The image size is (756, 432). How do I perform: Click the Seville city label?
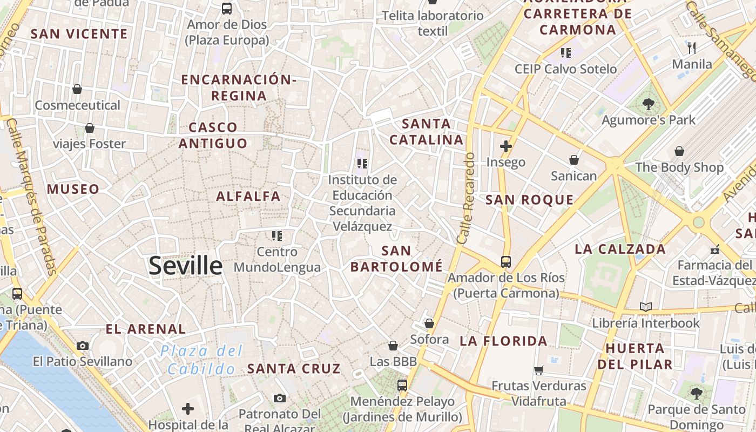(185, 266)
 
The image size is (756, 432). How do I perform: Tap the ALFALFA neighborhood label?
(248, 196)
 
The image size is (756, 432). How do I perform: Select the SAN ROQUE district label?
(529, 200)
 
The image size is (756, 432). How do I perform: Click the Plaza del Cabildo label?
(201, 360)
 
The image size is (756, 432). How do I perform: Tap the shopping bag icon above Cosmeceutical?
(77, 89)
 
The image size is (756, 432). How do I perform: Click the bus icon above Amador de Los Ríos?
(506, 262)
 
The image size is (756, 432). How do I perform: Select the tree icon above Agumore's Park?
(649, 104)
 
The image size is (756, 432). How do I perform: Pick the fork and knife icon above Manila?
(692, 48)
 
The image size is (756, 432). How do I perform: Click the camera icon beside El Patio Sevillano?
(83, 346)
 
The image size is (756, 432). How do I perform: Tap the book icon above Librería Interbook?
(645, 307)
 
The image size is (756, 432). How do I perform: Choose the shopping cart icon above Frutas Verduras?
(538, 370)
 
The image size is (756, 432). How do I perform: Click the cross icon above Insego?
(506, 146)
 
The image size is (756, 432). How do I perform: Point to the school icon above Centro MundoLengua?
(277, 235)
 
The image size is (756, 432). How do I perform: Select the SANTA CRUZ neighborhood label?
(294, 369)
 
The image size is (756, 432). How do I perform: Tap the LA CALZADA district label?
(620, 249)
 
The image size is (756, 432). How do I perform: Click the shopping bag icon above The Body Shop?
(679, 151)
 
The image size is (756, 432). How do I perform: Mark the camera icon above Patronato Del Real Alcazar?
(279, 399)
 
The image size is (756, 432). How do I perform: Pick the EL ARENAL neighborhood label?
(145, 329)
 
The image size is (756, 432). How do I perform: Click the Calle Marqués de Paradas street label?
(33, 197)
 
